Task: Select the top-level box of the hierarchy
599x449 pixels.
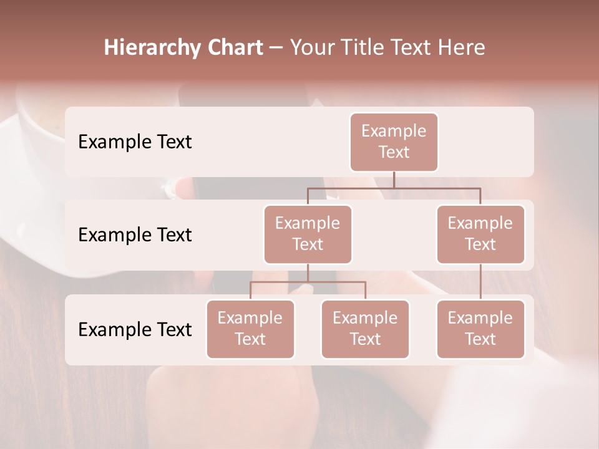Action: (394, 142)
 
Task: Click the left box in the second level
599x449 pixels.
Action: (308, 234)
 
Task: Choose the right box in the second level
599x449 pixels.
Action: (480, 234)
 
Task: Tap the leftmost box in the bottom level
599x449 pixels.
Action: (250, 329)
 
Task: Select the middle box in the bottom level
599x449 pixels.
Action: (365, 329)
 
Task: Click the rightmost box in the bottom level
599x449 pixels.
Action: (480, 329)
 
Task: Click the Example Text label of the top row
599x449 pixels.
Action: (135, 142)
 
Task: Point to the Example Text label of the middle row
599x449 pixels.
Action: (135, 235)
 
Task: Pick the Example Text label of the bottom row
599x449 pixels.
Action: (135, 330)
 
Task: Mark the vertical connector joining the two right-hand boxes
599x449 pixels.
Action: (480, 282)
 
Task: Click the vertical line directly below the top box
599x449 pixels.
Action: (394, 180)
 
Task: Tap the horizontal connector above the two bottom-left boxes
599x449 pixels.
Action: (308, 282)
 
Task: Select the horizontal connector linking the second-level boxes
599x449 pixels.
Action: (394, 188)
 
